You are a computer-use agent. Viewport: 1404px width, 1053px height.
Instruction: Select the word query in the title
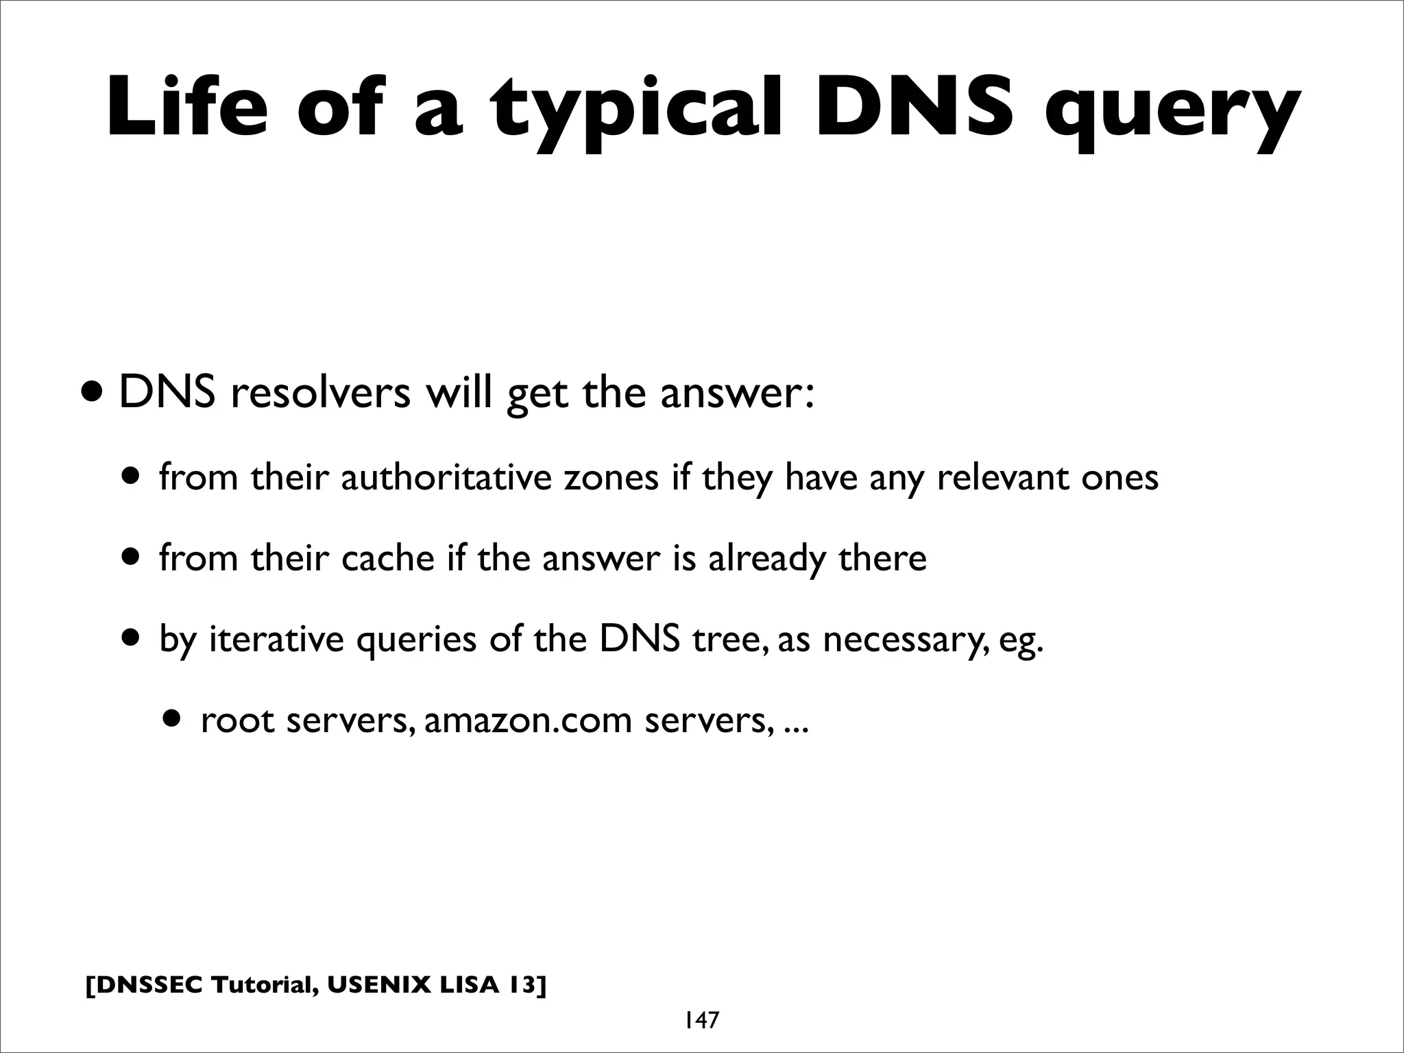click(1172, 113)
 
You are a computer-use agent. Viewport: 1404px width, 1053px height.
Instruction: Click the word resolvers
click(321, 394)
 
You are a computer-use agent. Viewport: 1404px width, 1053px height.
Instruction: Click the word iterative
click(276, 639)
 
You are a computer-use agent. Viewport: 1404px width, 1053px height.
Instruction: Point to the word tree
click(731, 639)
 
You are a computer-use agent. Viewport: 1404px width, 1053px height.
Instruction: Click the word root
click(237, 721)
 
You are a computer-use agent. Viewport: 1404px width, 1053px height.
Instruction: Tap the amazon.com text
click(528, 721)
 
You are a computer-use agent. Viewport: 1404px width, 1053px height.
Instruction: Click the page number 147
click(701, 1020)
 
